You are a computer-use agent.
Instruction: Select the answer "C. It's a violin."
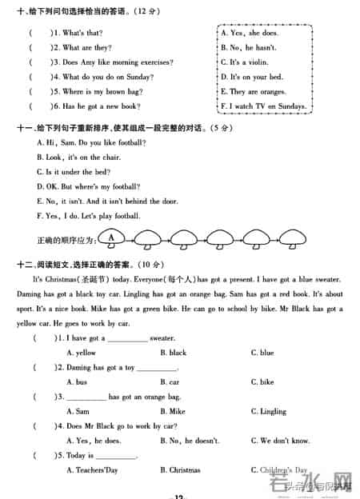point(250,62)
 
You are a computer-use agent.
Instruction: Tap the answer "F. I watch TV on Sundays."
point(263,106)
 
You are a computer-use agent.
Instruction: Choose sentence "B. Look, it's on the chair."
point(79,158)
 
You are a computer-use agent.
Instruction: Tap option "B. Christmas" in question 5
point(180,470)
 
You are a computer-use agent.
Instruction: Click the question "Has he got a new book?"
point(96,106)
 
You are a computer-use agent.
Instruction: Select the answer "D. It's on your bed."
point(251,77)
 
